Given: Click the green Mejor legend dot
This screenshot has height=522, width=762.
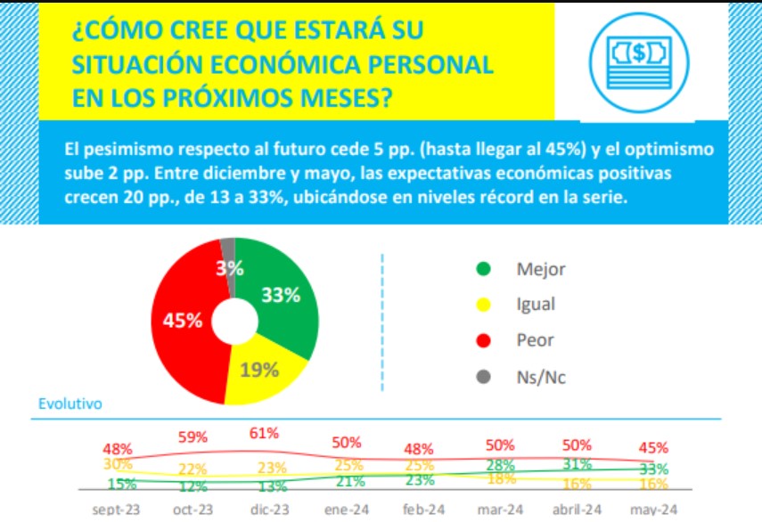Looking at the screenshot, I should click(483, 268).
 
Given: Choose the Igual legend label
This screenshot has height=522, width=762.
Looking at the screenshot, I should click(536, 305).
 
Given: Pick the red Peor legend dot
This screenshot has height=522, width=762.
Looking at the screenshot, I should click(483, 340).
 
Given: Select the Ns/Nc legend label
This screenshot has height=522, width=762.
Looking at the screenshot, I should click(541, 377).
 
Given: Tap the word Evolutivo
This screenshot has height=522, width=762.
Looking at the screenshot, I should click(70, 404).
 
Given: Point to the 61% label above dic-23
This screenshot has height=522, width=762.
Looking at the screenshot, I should click(265, 433).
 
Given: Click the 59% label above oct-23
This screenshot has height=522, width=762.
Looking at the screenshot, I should click(193, 436).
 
